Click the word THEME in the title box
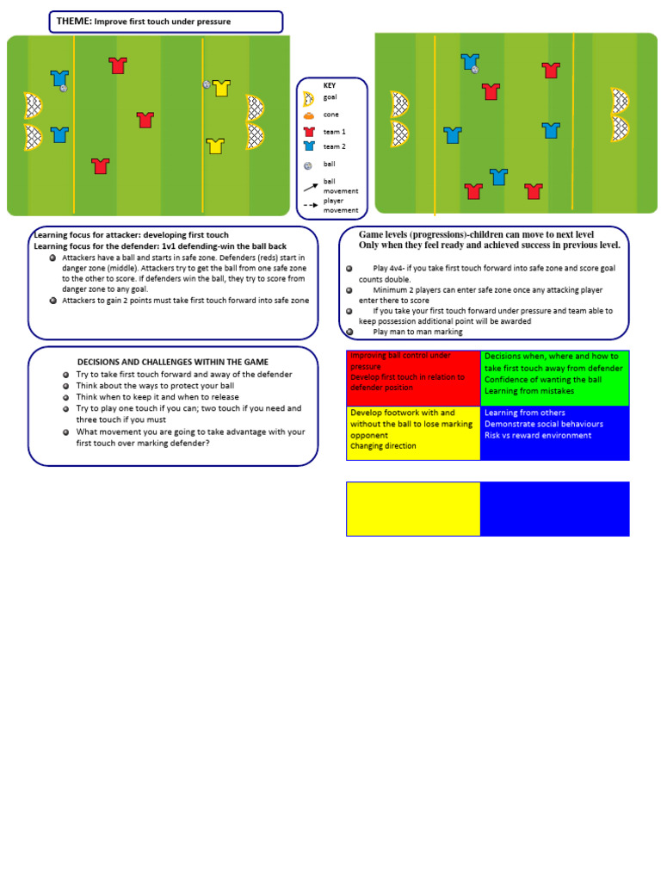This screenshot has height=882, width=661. pos(74,21)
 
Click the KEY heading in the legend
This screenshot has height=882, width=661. pos(330,85)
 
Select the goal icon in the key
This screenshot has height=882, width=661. pos(308,98)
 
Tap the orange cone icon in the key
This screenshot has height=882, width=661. pos(308,115)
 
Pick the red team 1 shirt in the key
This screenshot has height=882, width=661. pos(308,132)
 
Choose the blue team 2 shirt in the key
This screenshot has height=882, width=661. pos(308,146)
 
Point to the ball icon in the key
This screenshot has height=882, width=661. pos(308,165)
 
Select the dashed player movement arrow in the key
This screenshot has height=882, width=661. pos(310,206)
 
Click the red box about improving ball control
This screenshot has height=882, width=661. pos(413,377)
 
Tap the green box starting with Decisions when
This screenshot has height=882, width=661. pos(555,377)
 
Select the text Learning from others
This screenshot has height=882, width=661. pos(525,413)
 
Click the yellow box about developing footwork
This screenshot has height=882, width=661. pos(413,432)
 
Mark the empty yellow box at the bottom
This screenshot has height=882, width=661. pos(413,508)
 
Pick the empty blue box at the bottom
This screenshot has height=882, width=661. pos(555,508)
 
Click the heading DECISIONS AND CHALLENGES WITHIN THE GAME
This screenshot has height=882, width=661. pos(173,362)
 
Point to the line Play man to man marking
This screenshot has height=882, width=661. pos(417,332)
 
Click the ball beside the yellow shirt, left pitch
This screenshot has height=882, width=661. pos(207,84)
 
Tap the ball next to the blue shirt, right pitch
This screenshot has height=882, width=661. pos(475,70)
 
